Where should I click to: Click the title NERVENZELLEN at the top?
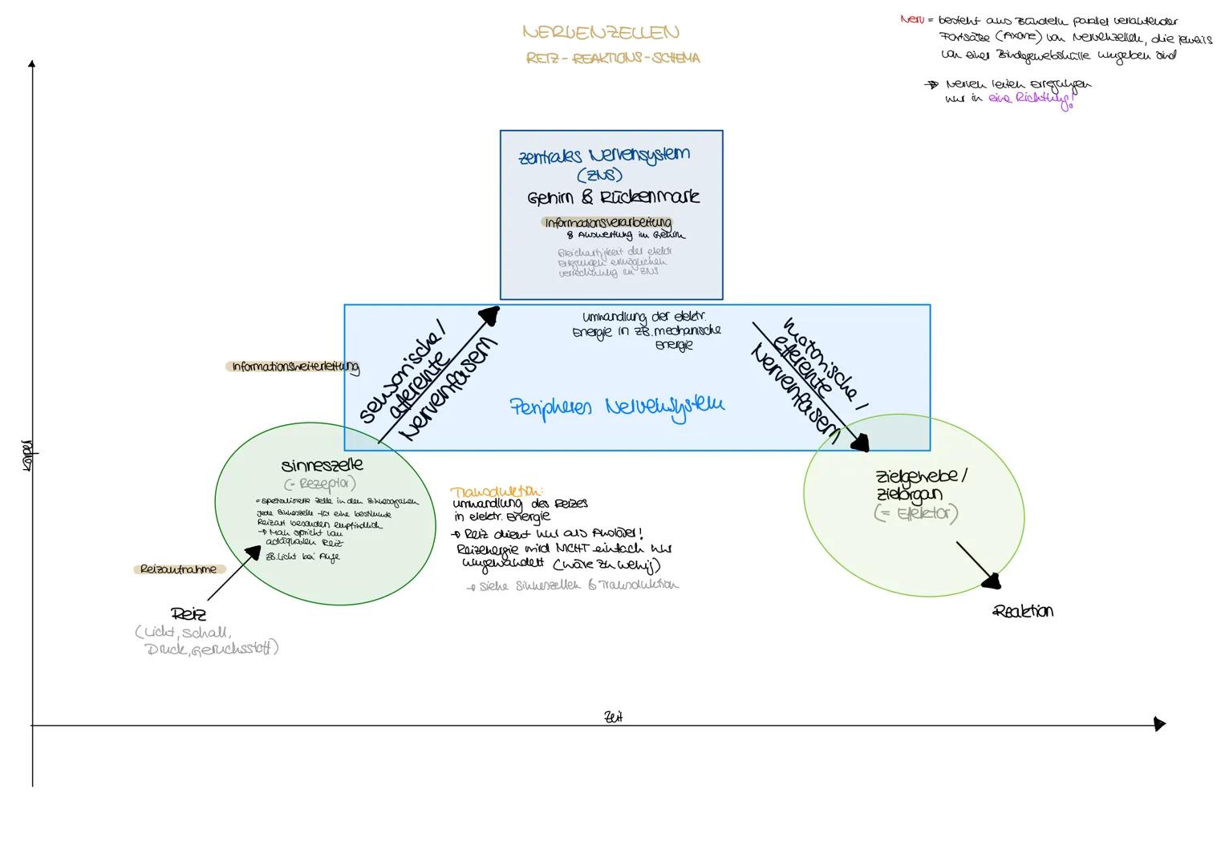click(600, 33)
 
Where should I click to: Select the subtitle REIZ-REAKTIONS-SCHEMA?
click(613, 59)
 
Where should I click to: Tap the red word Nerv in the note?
click(911, 20)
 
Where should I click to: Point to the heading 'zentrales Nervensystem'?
click(604, 155)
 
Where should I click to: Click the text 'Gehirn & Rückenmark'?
click(613, 197)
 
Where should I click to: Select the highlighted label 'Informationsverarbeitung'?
click(607, 222)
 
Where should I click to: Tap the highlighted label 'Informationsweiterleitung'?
click(294, 366)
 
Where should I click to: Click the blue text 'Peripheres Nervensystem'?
click(616, 407)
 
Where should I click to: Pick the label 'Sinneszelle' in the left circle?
click(322, 465)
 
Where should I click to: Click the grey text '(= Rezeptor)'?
click(319, 484)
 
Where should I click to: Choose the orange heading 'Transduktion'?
click(497, 492)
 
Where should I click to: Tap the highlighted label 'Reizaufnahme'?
click(178, 569)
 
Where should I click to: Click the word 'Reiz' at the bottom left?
click(189, 614)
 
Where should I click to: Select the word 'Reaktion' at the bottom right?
click(1023, 611)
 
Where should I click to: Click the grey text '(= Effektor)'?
click(915, 514)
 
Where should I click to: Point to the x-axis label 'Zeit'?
click(613, 717)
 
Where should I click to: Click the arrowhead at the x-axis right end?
click(1158, 724)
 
